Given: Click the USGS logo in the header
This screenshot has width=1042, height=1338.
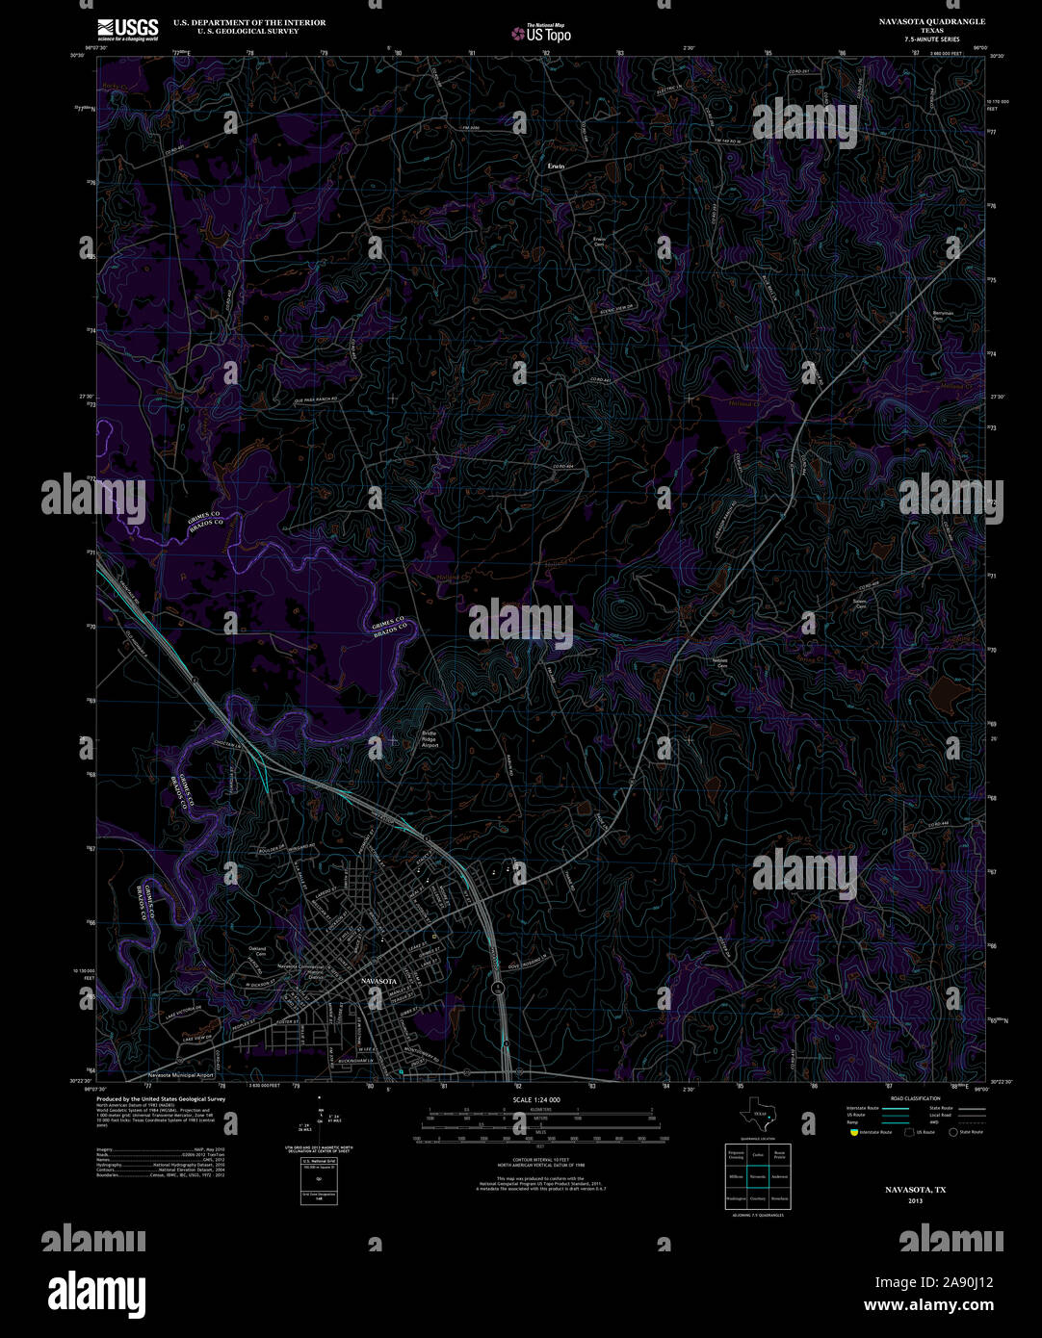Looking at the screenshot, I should click(128, 29).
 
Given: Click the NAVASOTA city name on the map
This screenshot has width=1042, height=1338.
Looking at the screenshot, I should click(378, 981).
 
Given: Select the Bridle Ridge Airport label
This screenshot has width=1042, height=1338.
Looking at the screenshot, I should click(430, 738).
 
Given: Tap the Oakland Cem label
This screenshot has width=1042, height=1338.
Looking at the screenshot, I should click(257, 952).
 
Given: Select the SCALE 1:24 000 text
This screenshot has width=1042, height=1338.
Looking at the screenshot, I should click(536, 1099).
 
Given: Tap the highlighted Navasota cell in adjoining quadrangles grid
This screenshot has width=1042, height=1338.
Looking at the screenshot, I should click(758, 1176).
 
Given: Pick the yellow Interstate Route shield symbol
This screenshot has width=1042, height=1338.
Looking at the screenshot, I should click(853, 1133).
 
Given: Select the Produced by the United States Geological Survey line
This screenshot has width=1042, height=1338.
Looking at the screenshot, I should click(161, 1098).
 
